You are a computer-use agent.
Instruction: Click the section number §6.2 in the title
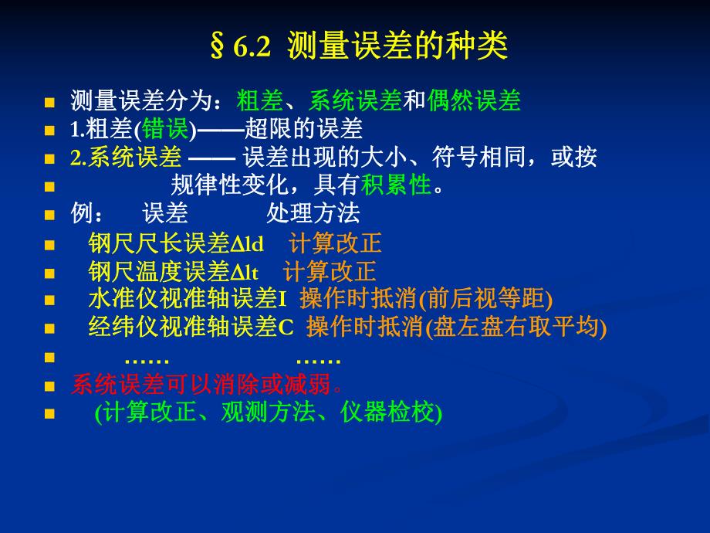click(240, 47)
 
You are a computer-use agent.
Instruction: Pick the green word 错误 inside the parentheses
click(165, 128)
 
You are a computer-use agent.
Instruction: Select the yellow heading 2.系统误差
click(126, 158)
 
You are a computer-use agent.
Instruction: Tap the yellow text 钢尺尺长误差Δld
click(176, 244)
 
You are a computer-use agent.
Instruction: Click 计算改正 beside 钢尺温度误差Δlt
click(330, 272)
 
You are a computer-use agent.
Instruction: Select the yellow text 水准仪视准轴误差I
click(188, 299)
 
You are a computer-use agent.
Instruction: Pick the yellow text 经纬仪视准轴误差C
click(191, 328)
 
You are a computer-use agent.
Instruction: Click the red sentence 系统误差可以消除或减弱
click(206, 384)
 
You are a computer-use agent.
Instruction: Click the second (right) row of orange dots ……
click(318, 359)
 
